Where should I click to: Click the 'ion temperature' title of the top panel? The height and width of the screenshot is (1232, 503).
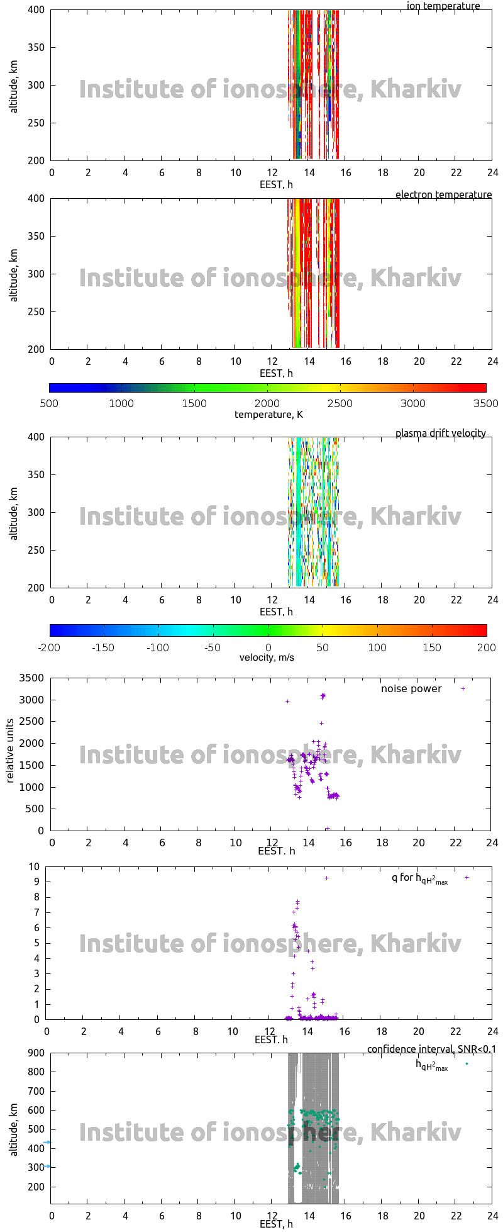point(443,6)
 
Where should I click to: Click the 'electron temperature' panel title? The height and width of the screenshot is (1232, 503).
point(443,194)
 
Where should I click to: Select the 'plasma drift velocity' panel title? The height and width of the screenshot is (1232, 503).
point(440,433)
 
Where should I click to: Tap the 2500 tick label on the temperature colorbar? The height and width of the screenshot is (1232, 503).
point(340,403)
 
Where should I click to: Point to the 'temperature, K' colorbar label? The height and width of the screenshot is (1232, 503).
point(268,414)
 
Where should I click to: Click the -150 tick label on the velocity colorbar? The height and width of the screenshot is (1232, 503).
point(103,647)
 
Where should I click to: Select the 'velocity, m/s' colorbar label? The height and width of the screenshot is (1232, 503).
point(267,658)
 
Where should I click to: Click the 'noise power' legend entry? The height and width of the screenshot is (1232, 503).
point(411,688)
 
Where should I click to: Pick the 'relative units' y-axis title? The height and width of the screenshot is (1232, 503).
point(10,753)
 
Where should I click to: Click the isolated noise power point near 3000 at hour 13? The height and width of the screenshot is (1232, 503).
point(287,701)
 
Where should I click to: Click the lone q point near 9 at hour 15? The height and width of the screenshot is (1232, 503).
point(326,878)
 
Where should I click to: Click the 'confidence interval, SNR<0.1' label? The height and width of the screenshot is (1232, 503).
point(431,1049)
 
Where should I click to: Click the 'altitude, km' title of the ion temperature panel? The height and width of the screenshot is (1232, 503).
point(14,85)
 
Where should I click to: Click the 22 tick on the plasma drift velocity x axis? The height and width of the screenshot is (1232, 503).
point(456,600)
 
